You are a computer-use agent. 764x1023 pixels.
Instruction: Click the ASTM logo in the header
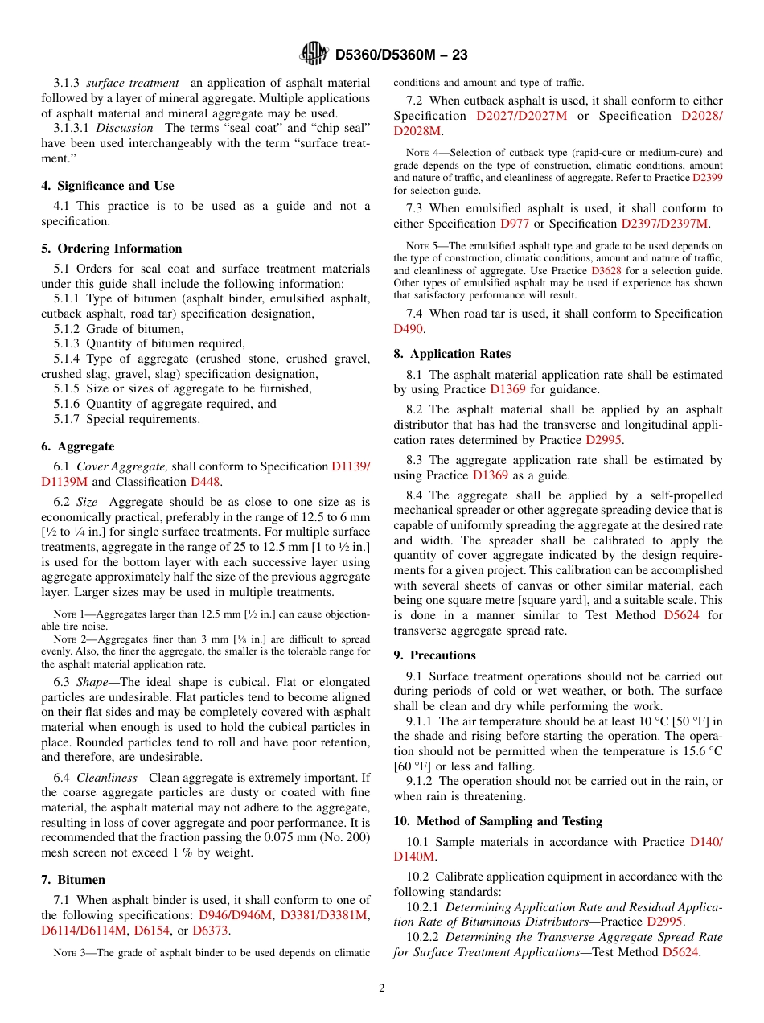(313, 54)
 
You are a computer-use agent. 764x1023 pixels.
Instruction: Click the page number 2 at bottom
(382, 988)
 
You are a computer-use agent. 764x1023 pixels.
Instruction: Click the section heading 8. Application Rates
(452, 354)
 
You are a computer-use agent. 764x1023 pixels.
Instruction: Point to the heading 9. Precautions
(434, 655)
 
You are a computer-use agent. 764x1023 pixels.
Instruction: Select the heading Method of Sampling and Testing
(498, 821)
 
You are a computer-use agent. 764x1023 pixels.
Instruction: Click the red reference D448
(204, 482)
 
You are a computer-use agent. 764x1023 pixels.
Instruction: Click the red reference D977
(515, 224)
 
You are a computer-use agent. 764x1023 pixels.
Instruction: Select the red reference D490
(408, 329)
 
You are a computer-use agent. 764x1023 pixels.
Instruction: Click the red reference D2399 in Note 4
(707, 177)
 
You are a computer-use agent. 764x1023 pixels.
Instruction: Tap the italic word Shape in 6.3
(93, 682)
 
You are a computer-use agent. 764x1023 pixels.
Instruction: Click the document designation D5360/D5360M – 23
(401, 55)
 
